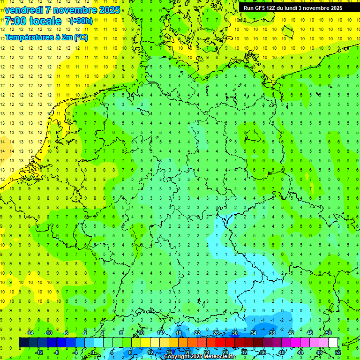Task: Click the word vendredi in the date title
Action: pyautogui.click(x=24, y=10)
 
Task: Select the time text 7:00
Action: pyautogui.click(x=15, y=22)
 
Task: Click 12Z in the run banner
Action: pyautogui.click(x=276, y=8)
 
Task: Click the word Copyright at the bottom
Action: pyautogui.click(x=177, y=357)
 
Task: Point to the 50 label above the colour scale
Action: pyautogui.click(x=329, y=333)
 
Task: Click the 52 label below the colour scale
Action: pyautogui.click(x=338, y=352)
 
